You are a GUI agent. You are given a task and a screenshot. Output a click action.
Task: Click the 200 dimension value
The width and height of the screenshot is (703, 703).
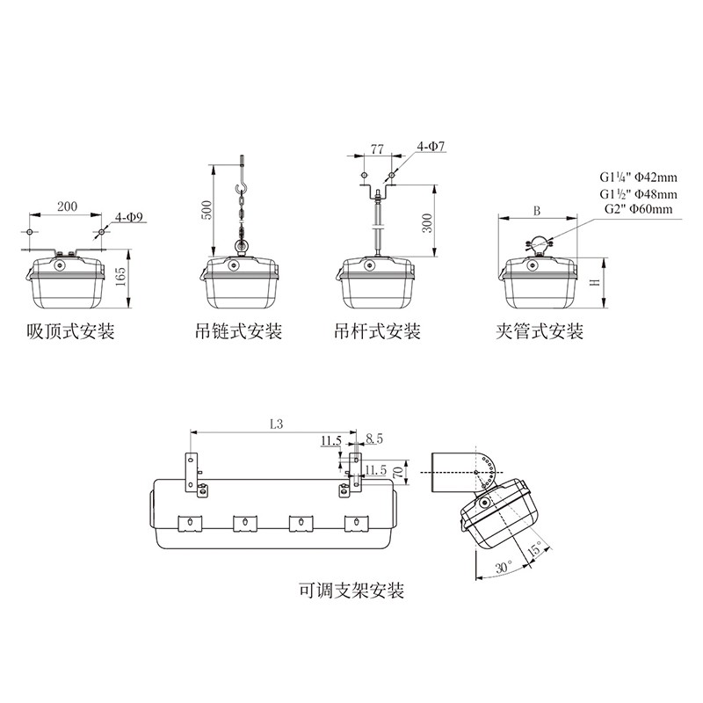tap(67, 207)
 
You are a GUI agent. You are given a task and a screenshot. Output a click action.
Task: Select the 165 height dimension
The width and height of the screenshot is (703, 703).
tap(120, 278)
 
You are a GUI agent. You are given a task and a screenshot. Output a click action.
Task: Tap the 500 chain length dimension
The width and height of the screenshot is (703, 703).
tap(207, 210)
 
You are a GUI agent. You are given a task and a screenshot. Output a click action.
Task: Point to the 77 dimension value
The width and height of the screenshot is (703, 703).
tap(377, 149)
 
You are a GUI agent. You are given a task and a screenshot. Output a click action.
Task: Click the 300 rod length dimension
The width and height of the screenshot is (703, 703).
tap(427, 223)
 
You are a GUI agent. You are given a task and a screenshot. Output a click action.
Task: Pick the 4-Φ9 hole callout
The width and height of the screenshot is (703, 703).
tap(128, 217)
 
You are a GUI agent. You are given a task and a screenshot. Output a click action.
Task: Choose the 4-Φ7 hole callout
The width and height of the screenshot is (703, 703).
tap(431, 146)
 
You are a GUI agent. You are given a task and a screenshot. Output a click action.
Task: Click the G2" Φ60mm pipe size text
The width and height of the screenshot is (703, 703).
tap(639, 209)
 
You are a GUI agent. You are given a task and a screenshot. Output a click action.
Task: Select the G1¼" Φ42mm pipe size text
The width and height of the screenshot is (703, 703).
tap(639, 178)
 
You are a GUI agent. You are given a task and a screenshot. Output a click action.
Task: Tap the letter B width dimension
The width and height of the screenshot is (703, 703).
tap(537, 211)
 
